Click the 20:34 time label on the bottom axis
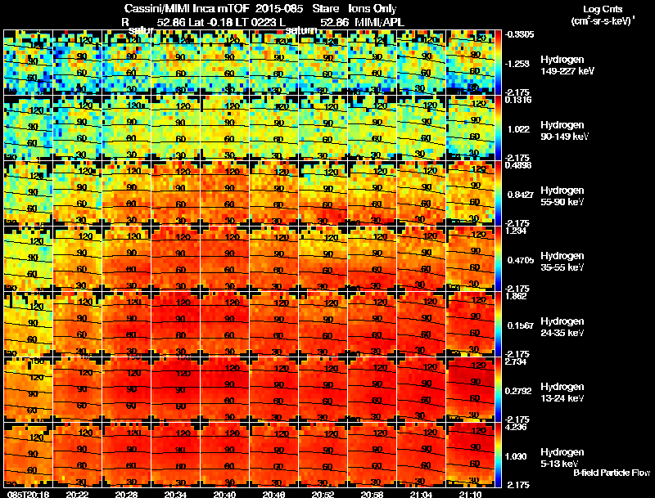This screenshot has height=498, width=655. pyautogui.click(x=175, y=493)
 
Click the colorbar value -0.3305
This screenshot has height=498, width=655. pyautogui.click(x=522, y=34)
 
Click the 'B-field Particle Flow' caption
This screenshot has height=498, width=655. pyautogui.click(x=612, y=473)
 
